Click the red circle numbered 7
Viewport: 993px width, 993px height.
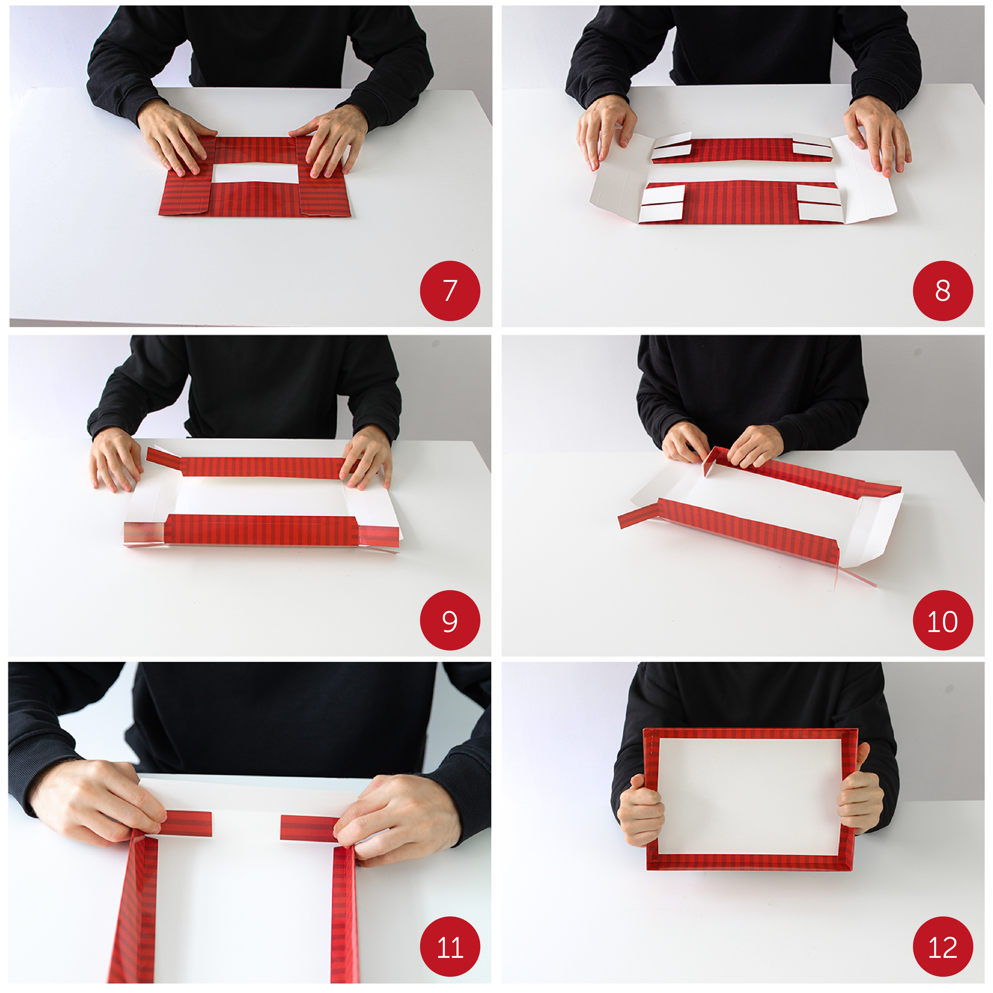(450, 291)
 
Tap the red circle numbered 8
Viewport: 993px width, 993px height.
(943, 291)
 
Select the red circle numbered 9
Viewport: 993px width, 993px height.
(450, 620)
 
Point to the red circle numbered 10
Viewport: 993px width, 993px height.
(943, 620)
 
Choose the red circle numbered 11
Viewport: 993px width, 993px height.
(450, 947)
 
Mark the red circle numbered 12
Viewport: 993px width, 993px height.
(943, 947)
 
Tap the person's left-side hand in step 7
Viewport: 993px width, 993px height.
(172, 136)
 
